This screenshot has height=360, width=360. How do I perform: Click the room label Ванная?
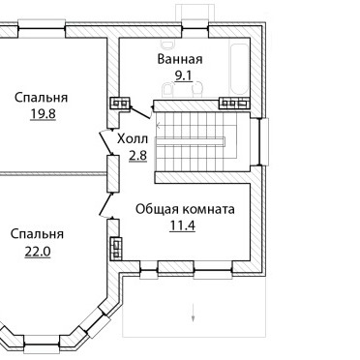coord(180,59)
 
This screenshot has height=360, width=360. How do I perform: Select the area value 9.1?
coord(183,75)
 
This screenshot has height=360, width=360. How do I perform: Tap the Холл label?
coord(133,139)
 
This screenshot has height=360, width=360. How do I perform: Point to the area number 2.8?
coord(138,156)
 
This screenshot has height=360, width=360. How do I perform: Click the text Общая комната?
coord(185,209)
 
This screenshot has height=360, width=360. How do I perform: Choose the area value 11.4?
coord(183,225)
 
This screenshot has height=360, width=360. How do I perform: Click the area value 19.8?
coord(44,113)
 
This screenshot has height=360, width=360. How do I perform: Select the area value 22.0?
coord(38,252)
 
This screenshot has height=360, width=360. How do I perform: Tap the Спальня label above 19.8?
coord(41,97)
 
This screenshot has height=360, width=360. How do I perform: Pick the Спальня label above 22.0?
coord(37,234)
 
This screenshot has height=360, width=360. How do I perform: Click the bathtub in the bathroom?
coord(240,69)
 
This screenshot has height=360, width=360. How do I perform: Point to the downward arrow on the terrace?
coord(193,313)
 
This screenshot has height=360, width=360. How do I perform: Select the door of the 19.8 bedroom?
coord(105,143)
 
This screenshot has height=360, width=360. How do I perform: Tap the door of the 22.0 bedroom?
coord(105,204)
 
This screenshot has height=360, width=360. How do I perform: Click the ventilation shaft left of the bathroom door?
coord(121,103)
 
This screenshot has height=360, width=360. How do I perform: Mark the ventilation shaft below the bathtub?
coord(234,103)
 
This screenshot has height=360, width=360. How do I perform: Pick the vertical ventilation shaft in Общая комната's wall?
coord(116,249)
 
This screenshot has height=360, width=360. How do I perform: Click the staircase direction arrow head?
coord(158,126)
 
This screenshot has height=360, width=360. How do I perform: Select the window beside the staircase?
coord(264,141)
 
